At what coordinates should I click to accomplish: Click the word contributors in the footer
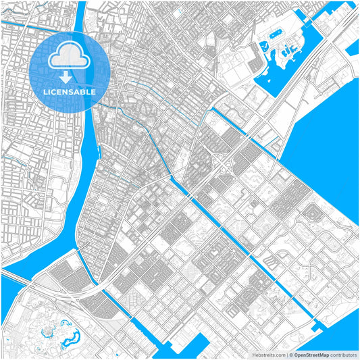coord(342,355)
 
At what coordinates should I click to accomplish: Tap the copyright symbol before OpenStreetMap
coord(290,355)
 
